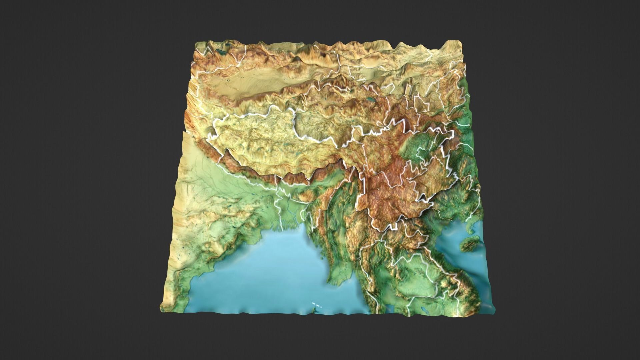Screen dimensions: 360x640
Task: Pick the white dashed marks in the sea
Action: [317, 304]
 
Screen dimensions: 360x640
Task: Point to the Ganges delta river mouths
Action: [287, 227]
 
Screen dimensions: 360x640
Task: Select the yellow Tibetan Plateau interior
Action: [267, 140]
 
